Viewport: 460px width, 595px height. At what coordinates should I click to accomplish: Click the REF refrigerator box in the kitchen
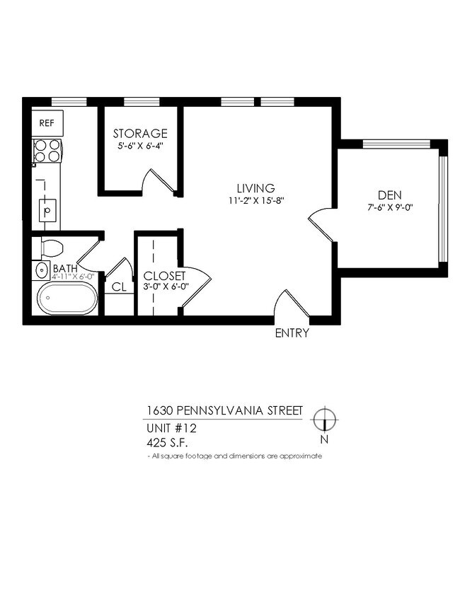[47, 123]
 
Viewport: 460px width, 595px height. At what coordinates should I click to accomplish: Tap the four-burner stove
[47, 151]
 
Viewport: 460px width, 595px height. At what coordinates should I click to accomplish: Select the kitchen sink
[47, 210]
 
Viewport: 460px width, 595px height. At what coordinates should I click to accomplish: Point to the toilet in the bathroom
[52, 248]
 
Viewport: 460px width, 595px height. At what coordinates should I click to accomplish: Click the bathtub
[67, 299]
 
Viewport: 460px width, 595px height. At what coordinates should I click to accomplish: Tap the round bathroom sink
[40, 270]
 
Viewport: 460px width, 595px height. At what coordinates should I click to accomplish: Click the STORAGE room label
[140, 134]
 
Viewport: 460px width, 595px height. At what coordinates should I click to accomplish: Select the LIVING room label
[255, 188]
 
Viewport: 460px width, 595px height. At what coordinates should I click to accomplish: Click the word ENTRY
[292, 333]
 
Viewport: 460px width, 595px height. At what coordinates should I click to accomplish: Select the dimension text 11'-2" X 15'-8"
[255, 200]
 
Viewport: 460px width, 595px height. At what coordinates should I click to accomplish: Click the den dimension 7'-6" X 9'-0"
[389, 208]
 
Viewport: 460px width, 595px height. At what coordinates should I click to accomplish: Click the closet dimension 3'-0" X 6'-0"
[164, 287]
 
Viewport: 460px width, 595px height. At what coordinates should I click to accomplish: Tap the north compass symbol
[324, 420]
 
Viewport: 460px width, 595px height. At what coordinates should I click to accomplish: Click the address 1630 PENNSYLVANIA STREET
[224, 410]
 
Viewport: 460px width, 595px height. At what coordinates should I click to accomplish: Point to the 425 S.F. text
[171, 444]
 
